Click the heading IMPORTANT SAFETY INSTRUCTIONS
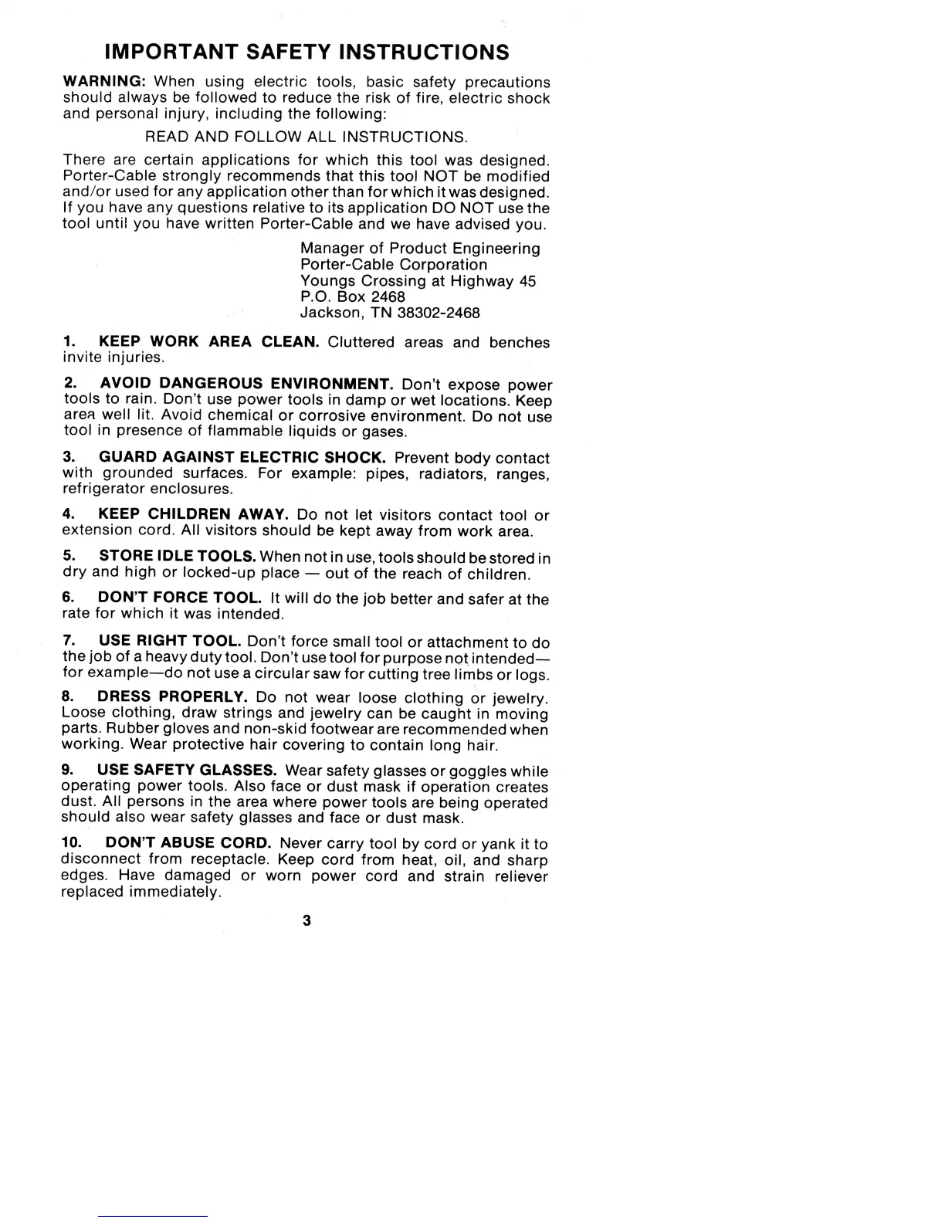(x=307, y=52)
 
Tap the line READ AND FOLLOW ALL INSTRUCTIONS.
(x=307, y=137)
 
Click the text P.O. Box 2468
(x=352, y=296)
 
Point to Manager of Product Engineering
(x=420, y=248)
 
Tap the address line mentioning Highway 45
(x=418, y=280)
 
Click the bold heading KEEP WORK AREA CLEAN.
(x=209, y=341)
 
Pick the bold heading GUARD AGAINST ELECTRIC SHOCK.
(x=242, y=457)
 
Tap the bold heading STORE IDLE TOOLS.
(x=178, y=556)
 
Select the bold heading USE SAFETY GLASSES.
(x=187, y=770)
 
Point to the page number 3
(x=307, y=920)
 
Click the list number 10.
(x=71, y=843)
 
